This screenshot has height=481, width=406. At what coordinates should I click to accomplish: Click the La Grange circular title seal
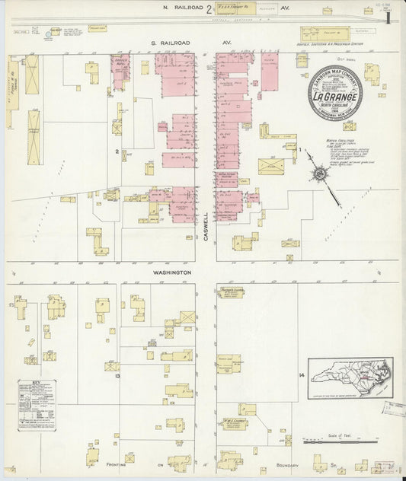pyautogui.click(x=335, y=98)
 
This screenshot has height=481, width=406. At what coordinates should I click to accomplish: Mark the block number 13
pyautogui.click(x=117, y=376)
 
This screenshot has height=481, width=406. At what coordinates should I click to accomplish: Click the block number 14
pyautogui.click(x=302, y=376)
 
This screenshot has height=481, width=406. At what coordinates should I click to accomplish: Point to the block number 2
pyautogui.click(x=117, y=151)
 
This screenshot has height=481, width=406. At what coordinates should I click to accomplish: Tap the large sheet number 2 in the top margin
pyautogui.click(x=208, y=9)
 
